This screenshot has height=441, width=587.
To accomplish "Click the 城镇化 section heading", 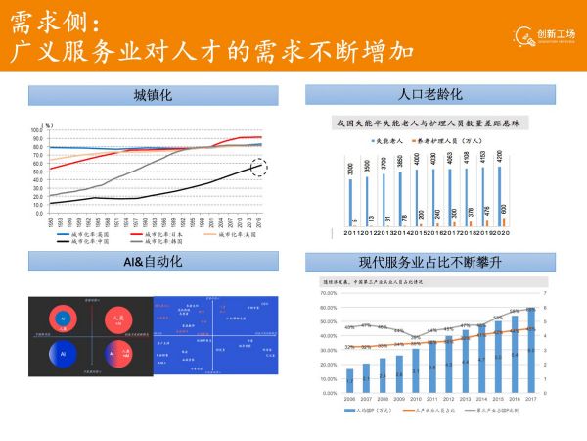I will click(153, 95).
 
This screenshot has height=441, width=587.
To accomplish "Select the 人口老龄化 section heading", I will click(430, 95).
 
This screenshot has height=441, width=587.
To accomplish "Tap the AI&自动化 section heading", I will click(153, 262).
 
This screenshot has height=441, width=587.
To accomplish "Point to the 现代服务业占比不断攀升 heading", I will click(430, 262).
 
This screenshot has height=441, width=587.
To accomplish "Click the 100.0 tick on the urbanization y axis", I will click(36, 129).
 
